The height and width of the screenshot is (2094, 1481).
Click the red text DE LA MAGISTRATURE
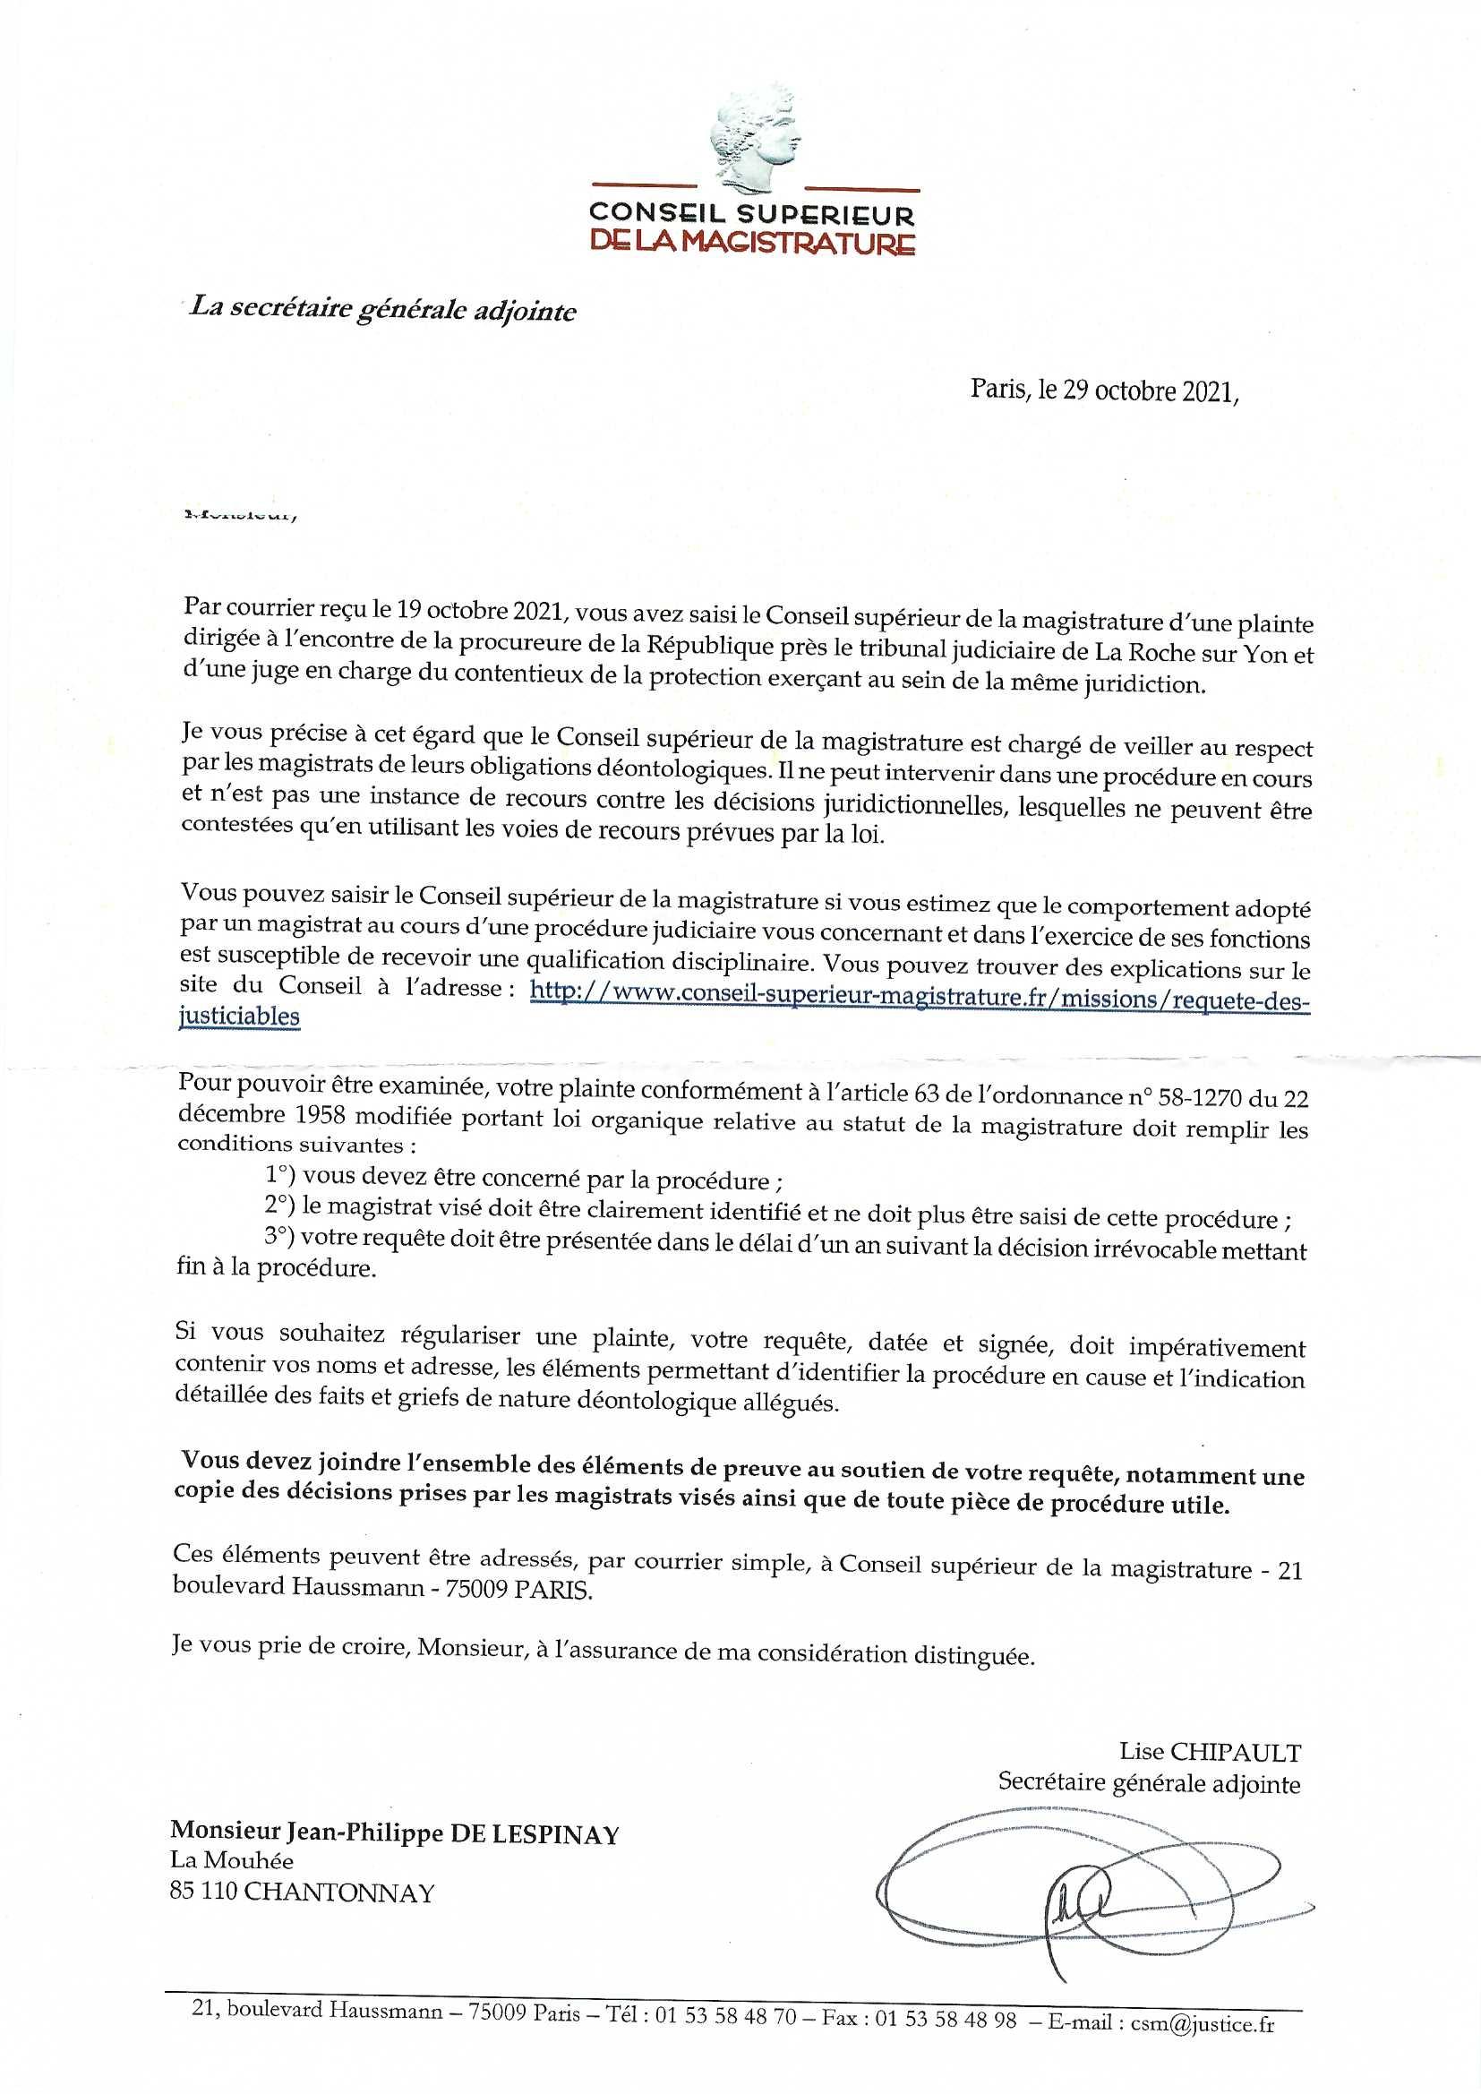[x=752, y=243]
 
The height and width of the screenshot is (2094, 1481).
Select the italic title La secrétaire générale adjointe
[x=383, y=309]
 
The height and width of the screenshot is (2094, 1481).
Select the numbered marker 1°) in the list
[x=280, y=1176]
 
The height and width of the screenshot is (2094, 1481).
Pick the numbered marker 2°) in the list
[x=280, y=1206]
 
